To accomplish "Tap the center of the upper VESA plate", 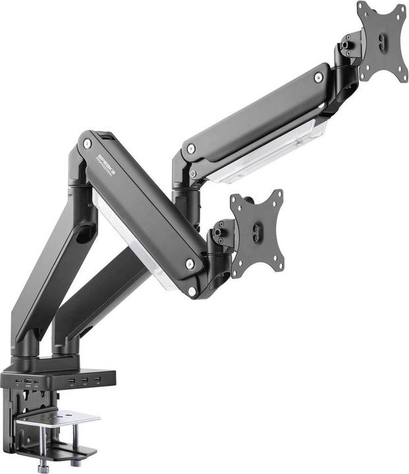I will (x=383, y=41).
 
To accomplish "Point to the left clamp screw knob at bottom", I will (x=44, y=465).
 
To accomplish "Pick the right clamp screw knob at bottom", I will (x=75, y=463).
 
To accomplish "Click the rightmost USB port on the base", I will (x=97, y=380).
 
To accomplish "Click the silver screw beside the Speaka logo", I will (x=86, y=143).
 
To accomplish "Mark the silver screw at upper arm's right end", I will (x=319, y=78).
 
